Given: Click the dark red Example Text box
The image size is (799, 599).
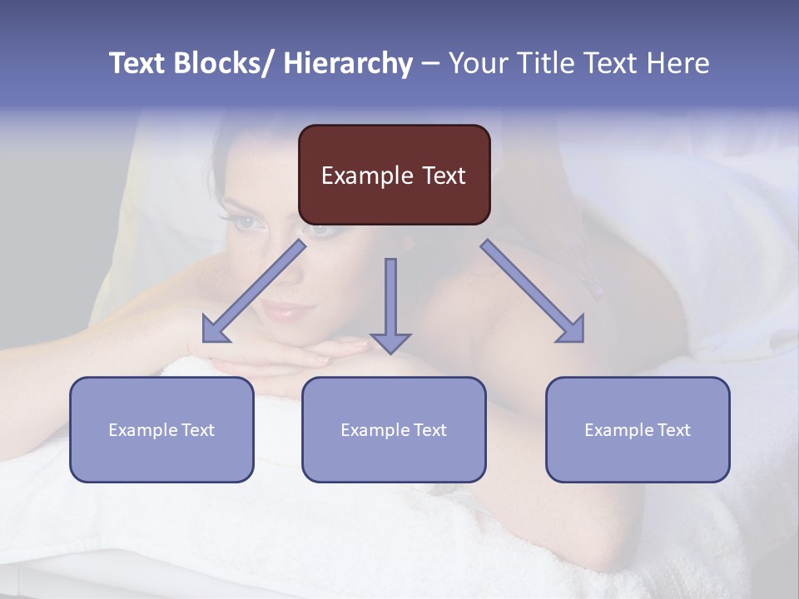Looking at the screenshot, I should (x=394, y=175).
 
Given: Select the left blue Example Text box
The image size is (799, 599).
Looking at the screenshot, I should (x=161, y=429).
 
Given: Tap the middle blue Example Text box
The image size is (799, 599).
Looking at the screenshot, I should (x=394, y=429).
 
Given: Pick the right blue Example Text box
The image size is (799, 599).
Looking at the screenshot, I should (x=638, y=429).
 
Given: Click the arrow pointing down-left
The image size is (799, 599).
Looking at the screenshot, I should (x=254, y=291).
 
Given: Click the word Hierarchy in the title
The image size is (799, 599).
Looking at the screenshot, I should (x=348, y=63).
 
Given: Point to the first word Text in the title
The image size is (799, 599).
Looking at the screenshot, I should (x=138, y=63).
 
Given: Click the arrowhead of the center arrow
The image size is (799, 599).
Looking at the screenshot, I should (x=390, y=342).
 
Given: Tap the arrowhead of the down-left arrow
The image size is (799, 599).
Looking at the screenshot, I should (x=214, y=330).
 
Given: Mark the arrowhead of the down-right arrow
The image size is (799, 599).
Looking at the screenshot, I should (x=573, y=330).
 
